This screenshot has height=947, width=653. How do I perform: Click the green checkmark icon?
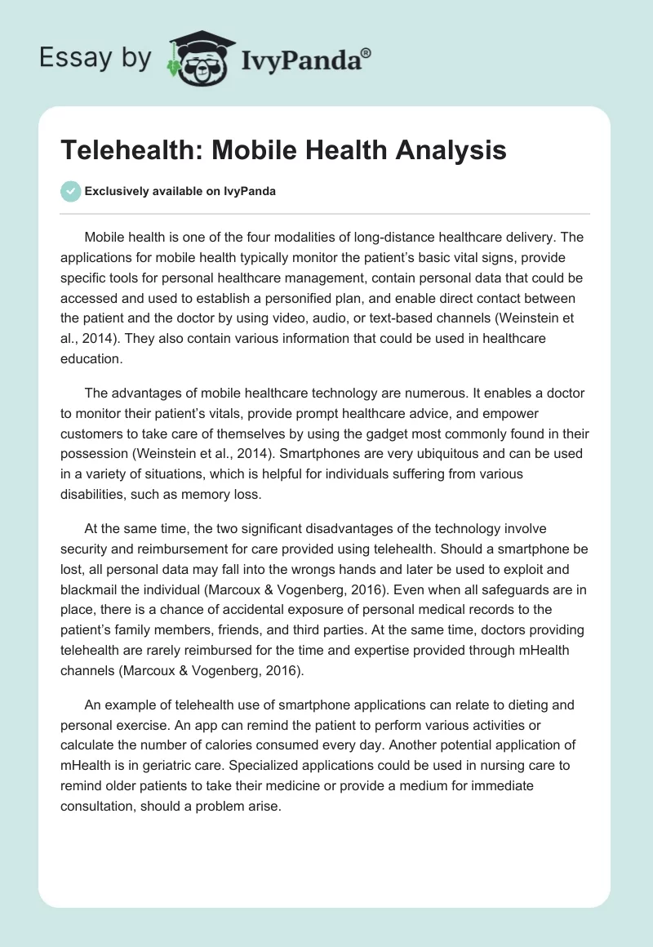click(70, 191)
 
